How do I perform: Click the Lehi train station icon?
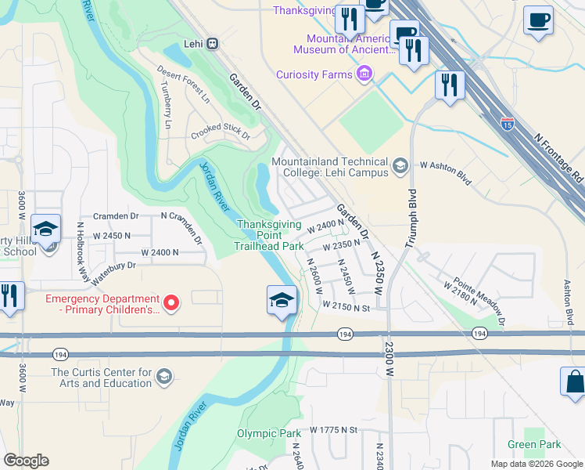[212, 44]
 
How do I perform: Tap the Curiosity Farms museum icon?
[363, 74]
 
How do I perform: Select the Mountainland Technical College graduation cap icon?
[400, 164]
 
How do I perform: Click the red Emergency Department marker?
[172, 301]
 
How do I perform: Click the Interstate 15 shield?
[508, 122]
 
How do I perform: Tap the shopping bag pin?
[573, 382]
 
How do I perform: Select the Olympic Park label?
[268, 433]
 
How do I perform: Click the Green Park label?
[533, 444]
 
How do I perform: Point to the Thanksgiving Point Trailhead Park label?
[270, 235]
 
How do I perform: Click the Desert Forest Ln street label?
[183, 84]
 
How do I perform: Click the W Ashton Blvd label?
[446, 173]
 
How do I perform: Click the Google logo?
[26, 461]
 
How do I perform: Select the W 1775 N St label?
[333, 429]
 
